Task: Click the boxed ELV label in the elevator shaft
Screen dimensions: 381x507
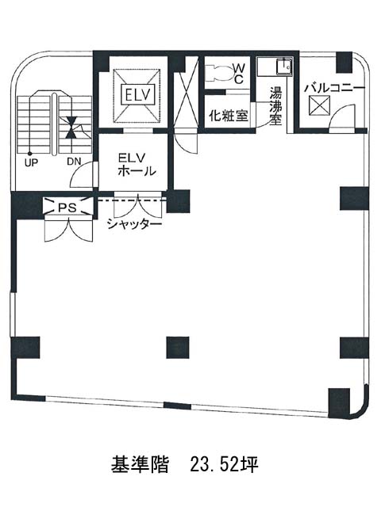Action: tap(137, 95)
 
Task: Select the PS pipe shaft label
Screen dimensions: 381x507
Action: tap(67, 208)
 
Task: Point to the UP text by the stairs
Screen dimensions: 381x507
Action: tap(31, 162)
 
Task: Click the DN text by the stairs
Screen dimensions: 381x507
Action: tap(74, 162)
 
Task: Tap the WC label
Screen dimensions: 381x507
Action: tap(239, 74)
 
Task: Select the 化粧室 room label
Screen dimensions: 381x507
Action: tap(229, 116)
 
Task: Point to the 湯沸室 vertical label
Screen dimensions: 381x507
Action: tap(276, 106)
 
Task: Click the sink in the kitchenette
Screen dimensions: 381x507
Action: tap(284, 67)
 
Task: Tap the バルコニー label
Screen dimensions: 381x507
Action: tap(335, 88)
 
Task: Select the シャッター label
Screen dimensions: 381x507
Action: tap(134, 223)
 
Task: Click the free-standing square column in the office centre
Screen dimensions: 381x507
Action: tap(178, 348)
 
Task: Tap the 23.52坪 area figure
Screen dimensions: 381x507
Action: tap(224, 464)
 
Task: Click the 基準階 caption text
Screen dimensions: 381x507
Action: tap(140, 465)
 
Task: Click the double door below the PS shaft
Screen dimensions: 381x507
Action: tap(69, 231)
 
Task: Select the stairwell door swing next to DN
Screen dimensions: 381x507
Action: tap(82, 173)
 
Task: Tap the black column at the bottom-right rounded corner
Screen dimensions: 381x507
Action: tap(339, 403)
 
